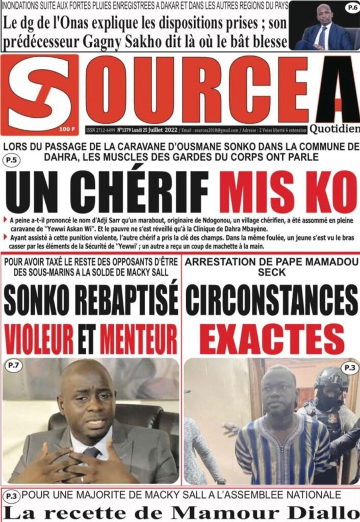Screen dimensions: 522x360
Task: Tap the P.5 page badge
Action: tap(11, 162)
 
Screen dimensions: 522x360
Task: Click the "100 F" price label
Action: tap(67, 128)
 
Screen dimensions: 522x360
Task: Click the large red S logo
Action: tap(40, 94)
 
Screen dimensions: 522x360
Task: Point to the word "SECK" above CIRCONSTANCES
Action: tap(271, 273)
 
